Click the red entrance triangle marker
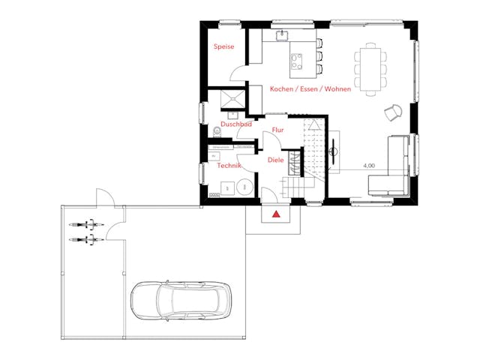(x=277, y=214)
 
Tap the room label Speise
(x=224, y=46)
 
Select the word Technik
(x=228, y=166)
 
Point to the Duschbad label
(x=235, y=124)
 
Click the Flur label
(x=277, y=130)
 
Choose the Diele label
(x=275, y=160)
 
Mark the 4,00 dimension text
(x=369, y=165)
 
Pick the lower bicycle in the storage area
(x=85, y=239)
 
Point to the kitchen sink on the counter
(x=283, y=35)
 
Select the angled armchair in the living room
(x=392, y=113)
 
